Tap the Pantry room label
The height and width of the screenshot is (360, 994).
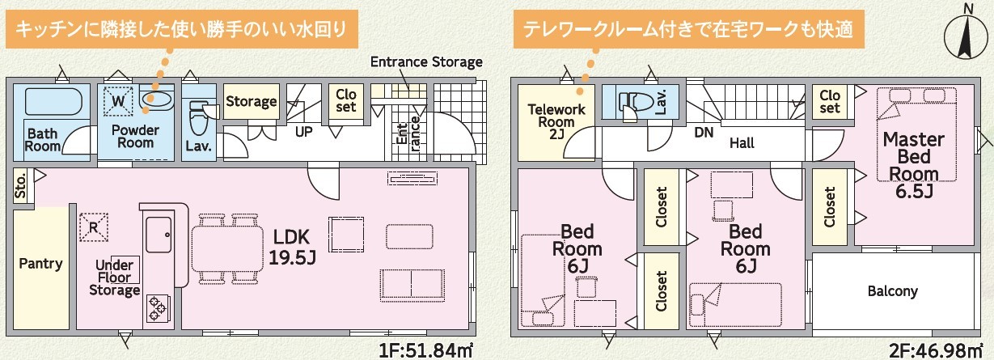tap(40, 264)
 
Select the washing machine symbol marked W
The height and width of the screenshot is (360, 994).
tap(118, 100)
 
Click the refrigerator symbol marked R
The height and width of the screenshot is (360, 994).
tap(94, 227)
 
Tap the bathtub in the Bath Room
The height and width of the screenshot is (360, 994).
tap(53, 102)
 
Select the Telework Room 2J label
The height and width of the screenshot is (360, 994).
tap(556, 121)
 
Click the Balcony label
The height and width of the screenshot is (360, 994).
tap(892, 291)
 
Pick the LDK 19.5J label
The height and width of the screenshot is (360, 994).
tap(292, 248)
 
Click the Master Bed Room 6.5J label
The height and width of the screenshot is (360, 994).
tap(914, 165)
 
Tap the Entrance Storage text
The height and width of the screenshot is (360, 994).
tap(426, 61)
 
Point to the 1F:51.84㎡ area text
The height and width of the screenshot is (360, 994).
tap(425, 350)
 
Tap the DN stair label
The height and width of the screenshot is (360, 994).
tap(704, 133)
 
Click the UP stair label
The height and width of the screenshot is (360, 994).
tap(304, 132)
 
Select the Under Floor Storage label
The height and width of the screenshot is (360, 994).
tap(115, 277)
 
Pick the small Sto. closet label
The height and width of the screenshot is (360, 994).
tap(20, 185)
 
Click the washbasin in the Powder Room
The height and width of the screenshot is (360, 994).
tap(155, 99)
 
